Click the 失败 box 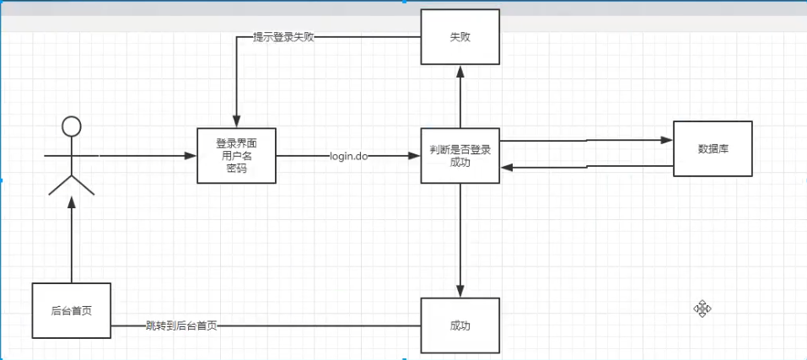[x=460, y=37]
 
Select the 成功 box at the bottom [x=460, y=325]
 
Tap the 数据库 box [x=713, y=148]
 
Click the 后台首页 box [x=72, y=310]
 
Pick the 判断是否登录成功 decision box [x=460, y=156]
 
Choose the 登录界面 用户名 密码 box [x=237, y=156]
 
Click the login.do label [x=349, y=157]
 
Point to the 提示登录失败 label [x=284, y=38]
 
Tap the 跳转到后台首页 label [x=181, y=326]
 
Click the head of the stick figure [x=72, y=127]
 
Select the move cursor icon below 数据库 [x=702, y=309]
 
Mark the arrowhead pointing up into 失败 [x=460, y=72]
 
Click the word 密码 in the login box [x=237, y=168]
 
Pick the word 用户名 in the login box [x=237, y=156]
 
